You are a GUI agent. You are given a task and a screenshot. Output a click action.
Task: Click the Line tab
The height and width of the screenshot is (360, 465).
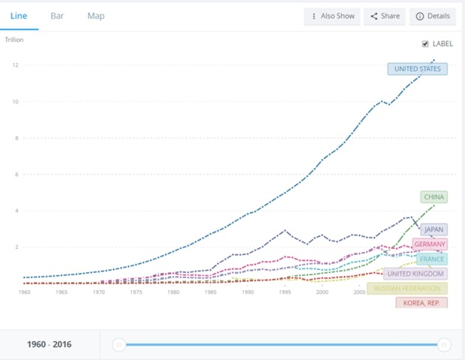[19, 16]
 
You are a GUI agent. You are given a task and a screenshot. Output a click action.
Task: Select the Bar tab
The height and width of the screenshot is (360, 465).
[57, 16]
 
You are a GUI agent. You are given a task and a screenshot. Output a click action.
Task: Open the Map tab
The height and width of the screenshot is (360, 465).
[96, 16]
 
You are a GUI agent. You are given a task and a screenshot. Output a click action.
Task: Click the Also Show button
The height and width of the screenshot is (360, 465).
[332, 16]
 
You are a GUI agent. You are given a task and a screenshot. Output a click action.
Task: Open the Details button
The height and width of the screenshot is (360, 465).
[432, 16]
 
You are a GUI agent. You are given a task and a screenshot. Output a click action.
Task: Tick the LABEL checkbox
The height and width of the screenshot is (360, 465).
[426, 43]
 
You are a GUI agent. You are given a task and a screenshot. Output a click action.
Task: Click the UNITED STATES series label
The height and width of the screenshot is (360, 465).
[417, 69]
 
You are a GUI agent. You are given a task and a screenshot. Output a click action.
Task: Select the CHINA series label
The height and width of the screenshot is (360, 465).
[433, 197]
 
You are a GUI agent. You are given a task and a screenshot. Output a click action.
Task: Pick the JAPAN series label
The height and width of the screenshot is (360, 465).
[433, 229]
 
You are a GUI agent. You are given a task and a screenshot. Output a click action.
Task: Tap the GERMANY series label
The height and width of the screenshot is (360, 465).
[430, 244]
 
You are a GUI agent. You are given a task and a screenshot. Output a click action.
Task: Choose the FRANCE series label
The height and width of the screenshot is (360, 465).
[432, 259]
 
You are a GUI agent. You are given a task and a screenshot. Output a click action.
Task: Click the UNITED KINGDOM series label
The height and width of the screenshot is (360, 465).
[416, 274]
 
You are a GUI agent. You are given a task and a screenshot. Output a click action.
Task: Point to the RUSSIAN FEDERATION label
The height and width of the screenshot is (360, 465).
[408, 289]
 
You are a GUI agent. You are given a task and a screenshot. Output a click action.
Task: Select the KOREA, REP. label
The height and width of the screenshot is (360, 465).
[421, 303]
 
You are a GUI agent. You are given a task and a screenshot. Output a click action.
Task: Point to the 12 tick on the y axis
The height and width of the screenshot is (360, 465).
[15, 65]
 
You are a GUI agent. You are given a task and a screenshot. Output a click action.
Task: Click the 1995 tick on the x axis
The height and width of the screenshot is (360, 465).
[284, 292]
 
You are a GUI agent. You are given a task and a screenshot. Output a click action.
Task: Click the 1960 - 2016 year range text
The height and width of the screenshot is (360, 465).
[50, 344]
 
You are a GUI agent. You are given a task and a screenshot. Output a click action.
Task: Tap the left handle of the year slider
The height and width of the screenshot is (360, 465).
[118, 344]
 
